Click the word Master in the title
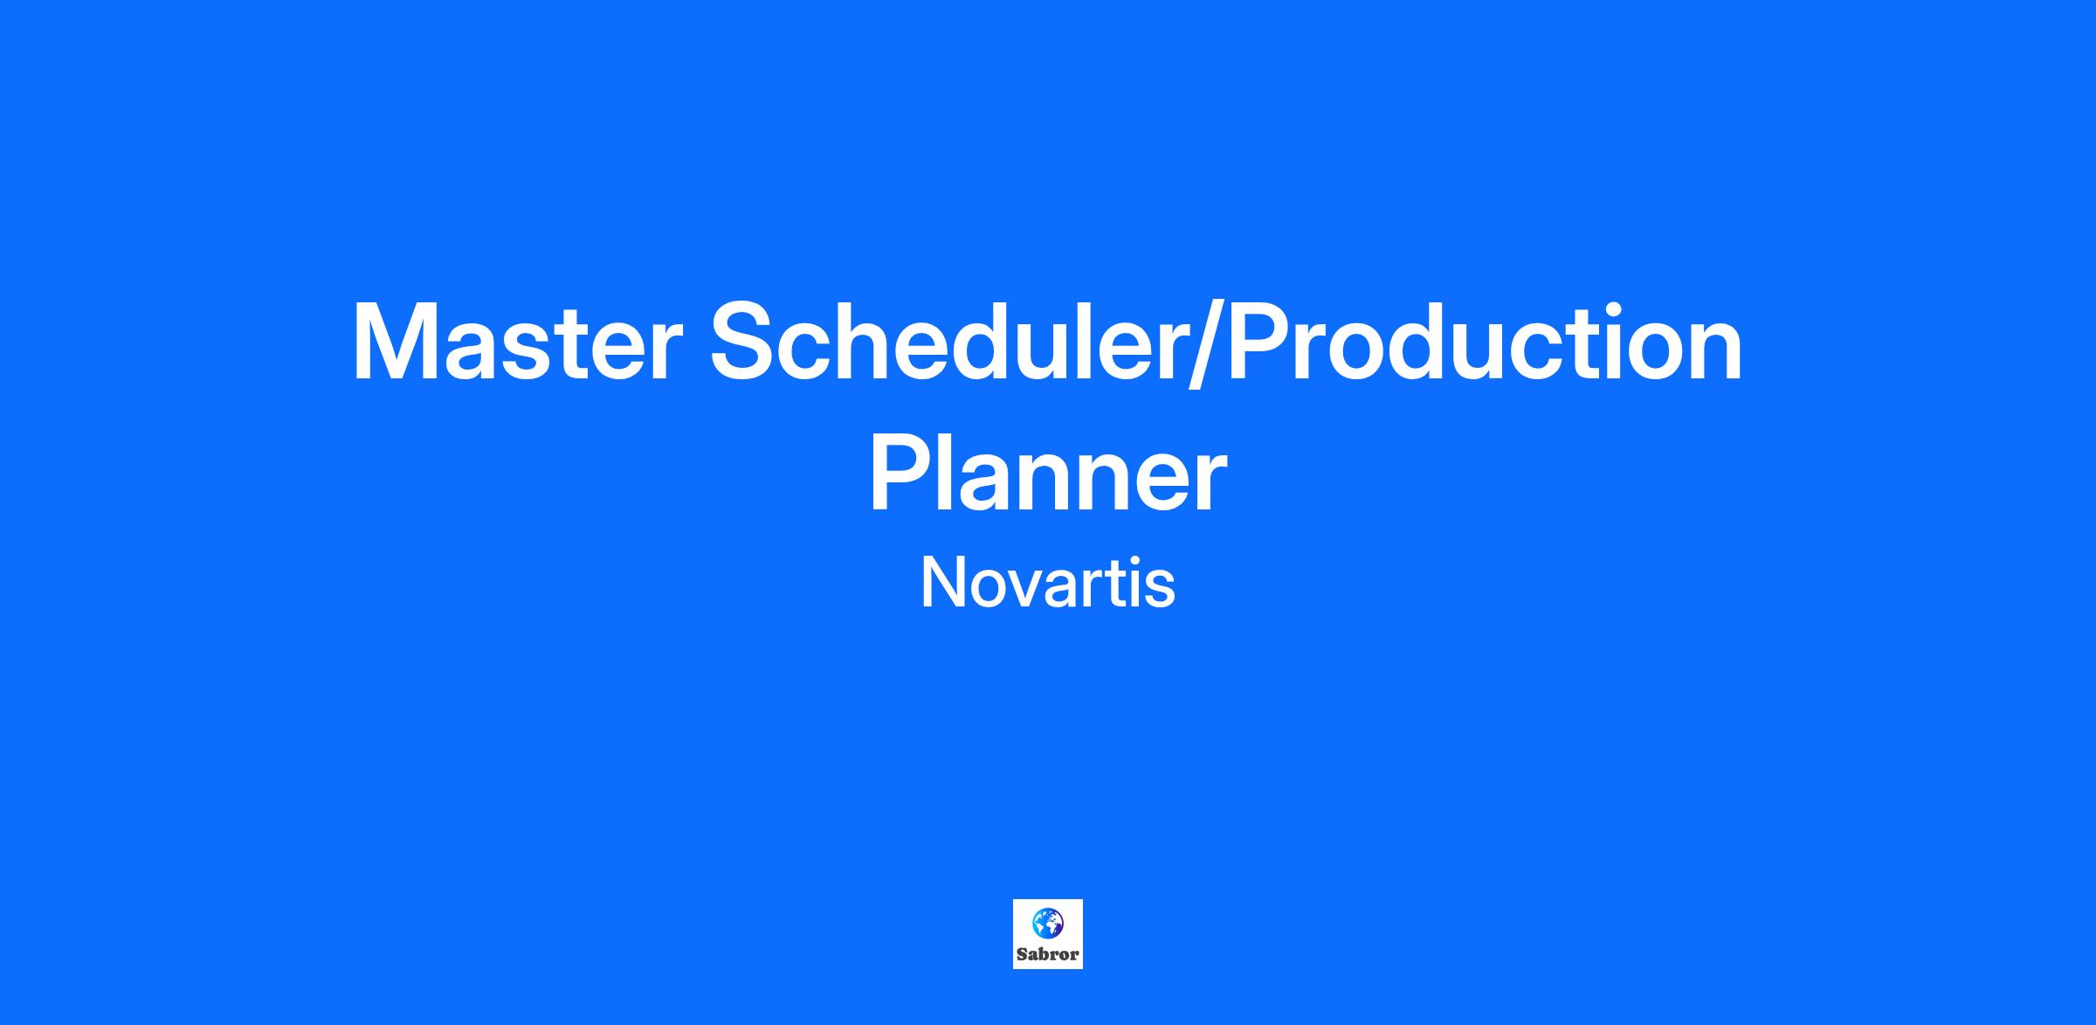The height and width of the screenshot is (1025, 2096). coord(516,342)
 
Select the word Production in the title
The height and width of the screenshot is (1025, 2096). coord(1485,340)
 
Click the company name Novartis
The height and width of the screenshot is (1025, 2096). coord(1048,582)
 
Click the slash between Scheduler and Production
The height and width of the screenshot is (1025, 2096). coord(1208,342)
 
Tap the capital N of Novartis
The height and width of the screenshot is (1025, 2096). coord(941,584)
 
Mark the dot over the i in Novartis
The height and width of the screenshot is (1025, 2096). coord(1133,562)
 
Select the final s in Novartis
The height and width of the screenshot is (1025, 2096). coord(1160,590)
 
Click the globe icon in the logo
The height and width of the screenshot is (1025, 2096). coord(1048,923)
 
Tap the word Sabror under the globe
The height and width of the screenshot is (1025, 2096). coord(1048,954)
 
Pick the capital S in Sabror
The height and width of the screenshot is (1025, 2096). coord(1022,954)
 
